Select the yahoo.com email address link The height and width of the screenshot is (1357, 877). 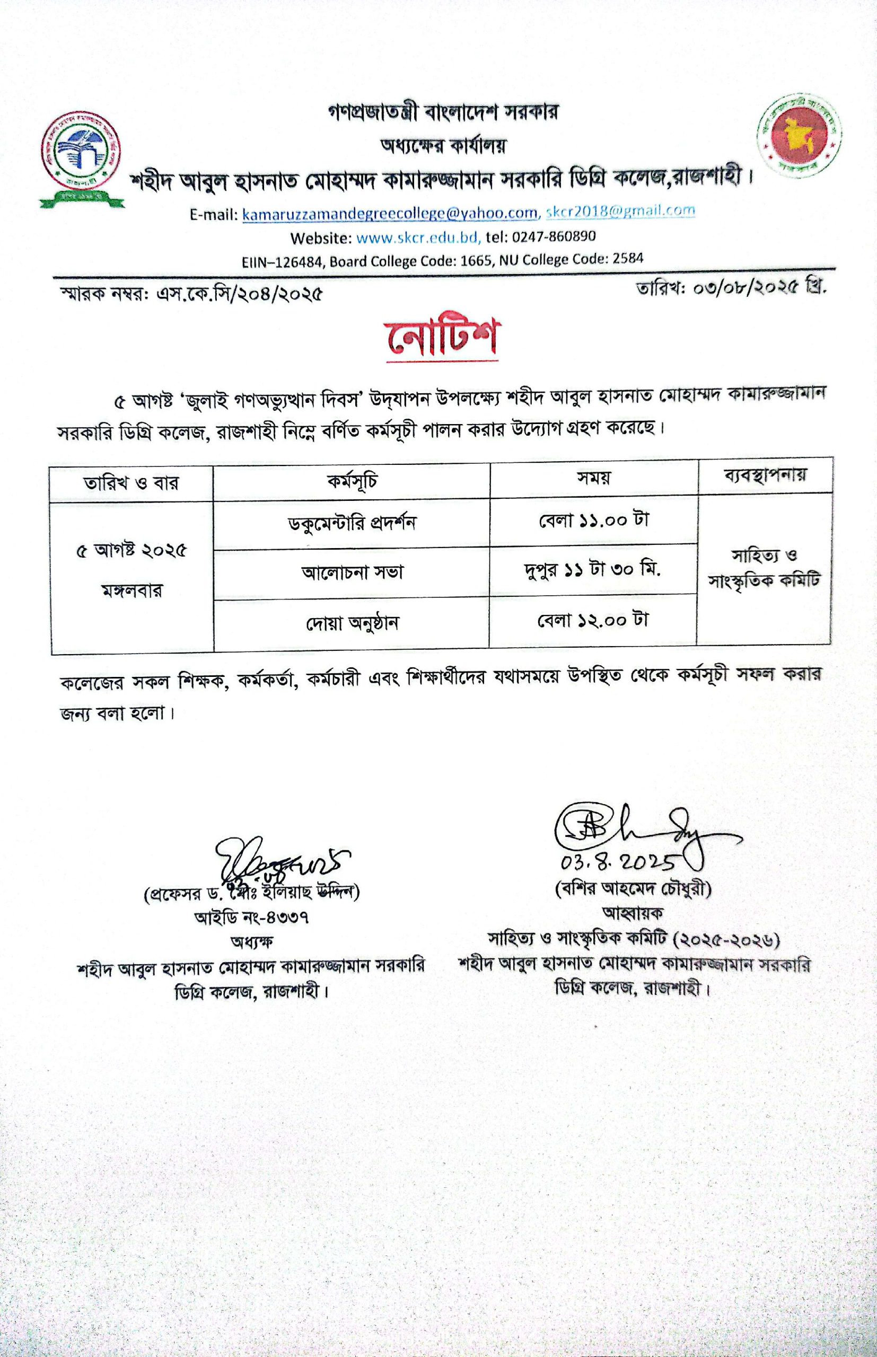[390, 214]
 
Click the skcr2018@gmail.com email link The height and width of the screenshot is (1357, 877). [620, 211]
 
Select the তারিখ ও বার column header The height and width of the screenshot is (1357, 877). [131, 483]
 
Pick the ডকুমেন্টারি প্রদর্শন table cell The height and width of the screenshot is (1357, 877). [352, 523]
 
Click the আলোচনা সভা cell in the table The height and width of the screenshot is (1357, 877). [352, 571]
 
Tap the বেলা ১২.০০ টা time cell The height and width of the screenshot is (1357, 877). [593, 619]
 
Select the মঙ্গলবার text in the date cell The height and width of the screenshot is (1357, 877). [131, 591]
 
